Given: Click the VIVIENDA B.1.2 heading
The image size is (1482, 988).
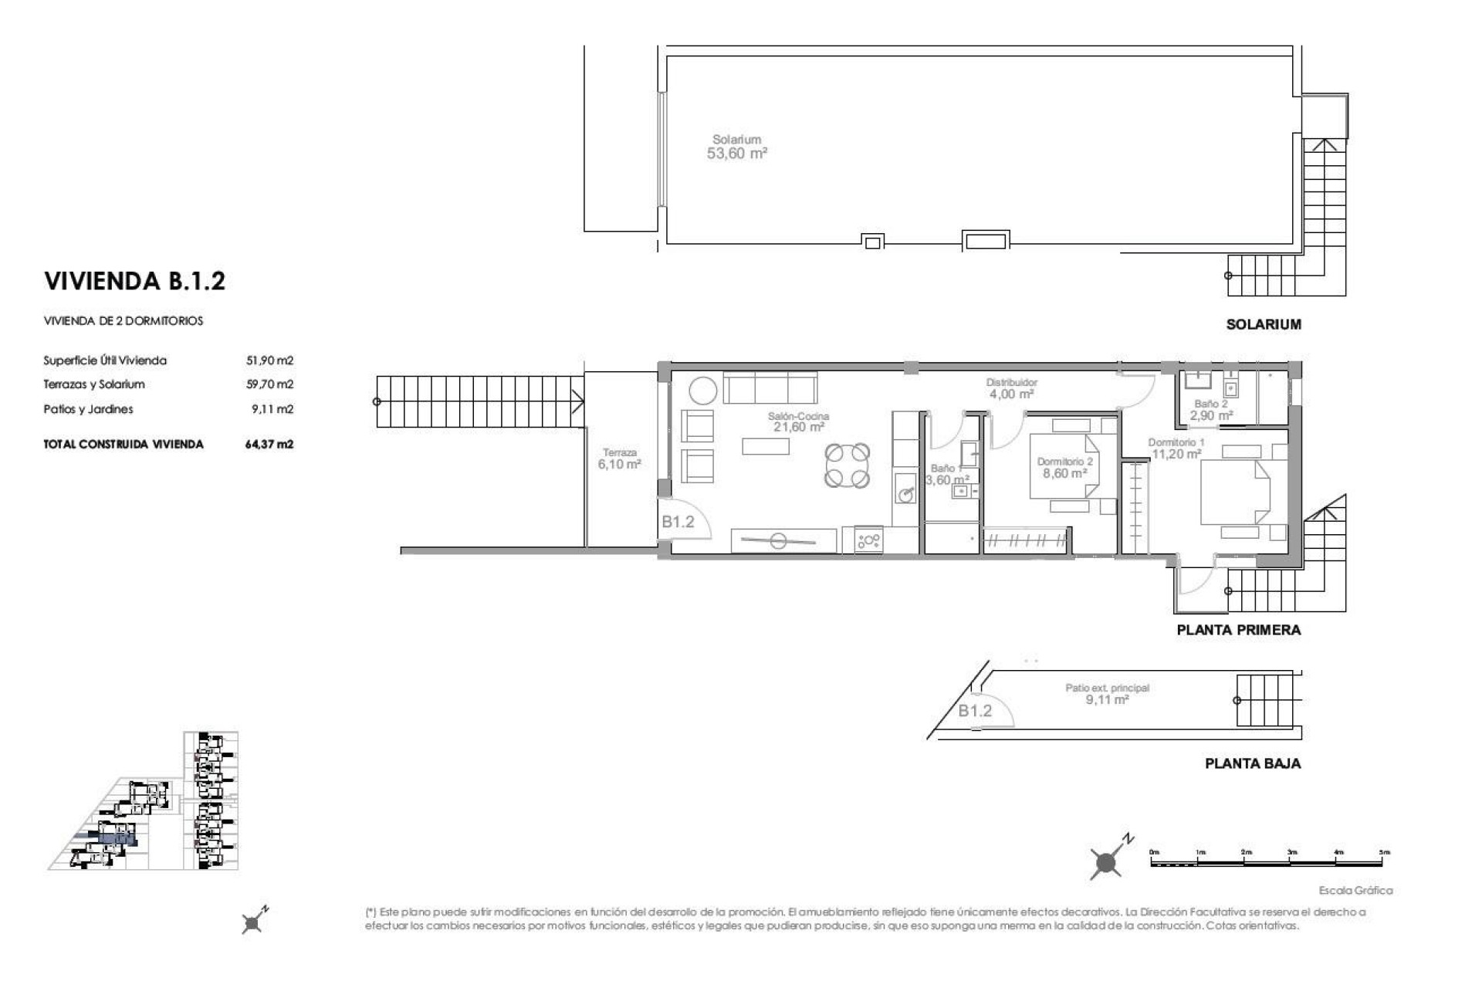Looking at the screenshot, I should [134, 281].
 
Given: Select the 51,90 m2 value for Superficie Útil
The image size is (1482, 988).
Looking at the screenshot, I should [270, 360].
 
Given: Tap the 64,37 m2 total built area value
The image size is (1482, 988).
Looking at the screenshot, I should [269, 445].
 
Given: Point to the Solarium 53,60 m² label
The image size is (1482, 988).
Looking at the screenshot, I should [737, 147].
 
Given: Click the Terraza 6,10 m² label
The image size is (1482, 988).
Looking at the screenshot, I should [619, 459].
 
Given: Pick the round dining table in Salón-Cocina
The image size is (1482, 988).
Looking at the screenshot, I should [847, 465].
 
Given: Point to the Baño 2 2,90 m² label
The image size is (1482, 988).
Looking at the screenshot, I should [1210, 410].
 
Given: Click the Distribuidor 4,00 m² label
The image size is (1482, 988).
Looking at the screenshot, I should [1012, 388].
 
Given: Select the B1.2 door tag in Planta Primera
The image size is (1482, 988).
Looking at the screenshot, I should [678, 522].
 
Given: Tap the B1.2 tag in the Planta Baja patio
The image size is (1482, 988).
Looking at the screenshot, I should [975, 711].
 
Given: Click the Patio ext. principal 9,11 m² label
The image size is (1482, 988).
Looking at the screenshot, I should [1108, 694].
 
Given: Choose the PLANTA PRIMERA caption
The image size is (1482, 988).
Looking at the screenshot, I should [1238, 630].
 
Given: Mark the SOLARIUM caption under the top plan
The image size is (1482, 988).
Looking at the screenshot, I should [1263, 325].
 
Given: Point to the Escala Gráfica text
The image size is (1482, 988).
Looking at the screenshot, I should [1355, 891].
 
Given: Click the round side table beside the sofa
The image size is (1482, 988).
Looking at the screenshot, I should [702, 391].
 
